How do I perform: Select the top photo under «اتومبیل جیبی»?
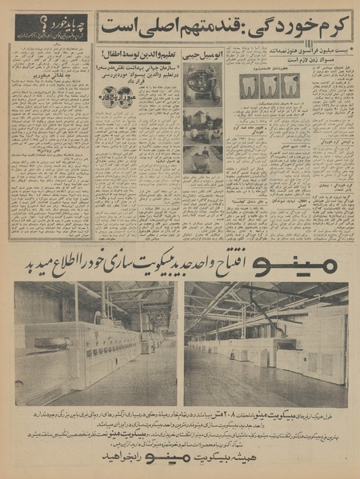point(202,82)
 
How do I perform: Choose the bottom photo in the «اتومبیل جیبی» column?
point(202,160)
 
